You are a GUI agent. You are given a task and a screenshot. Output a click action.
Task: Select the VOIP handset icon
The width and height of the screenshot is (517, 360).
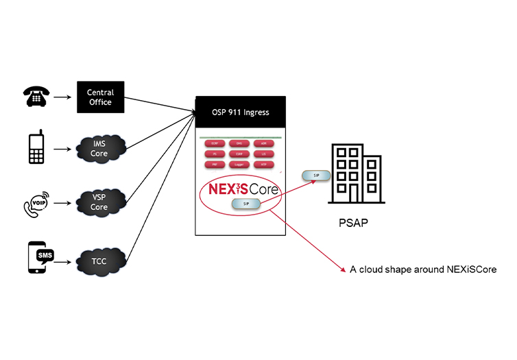36,204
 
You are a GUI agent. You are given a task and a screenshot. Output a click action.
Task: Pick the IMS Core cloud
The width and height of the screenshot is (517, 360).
100,149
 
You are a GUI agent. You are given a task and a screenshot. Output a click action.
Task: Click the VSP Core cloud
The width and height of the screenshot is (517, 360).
100,202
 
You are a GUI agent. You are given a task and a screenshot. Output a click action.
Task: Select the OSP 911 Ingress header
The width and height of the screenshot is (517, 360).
240,112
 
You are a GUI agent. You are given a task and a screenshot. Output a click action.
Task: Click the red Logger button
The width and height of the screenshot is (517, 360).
240,165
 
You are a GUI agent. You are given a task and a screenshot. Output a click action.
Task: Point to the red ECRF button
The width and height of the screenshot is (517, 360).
214,144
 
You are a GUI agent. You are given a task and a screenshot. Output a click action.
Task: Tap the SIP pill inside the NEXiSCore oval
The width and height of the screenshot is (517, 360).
246,204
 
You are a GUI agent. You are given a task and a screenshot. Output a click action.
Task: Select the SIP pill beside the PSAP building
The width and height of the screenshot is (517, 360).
316,176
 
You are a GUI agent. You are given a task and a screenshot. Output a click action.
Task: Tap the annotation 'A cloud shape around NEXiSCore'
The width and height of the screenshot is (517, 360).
422,270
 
